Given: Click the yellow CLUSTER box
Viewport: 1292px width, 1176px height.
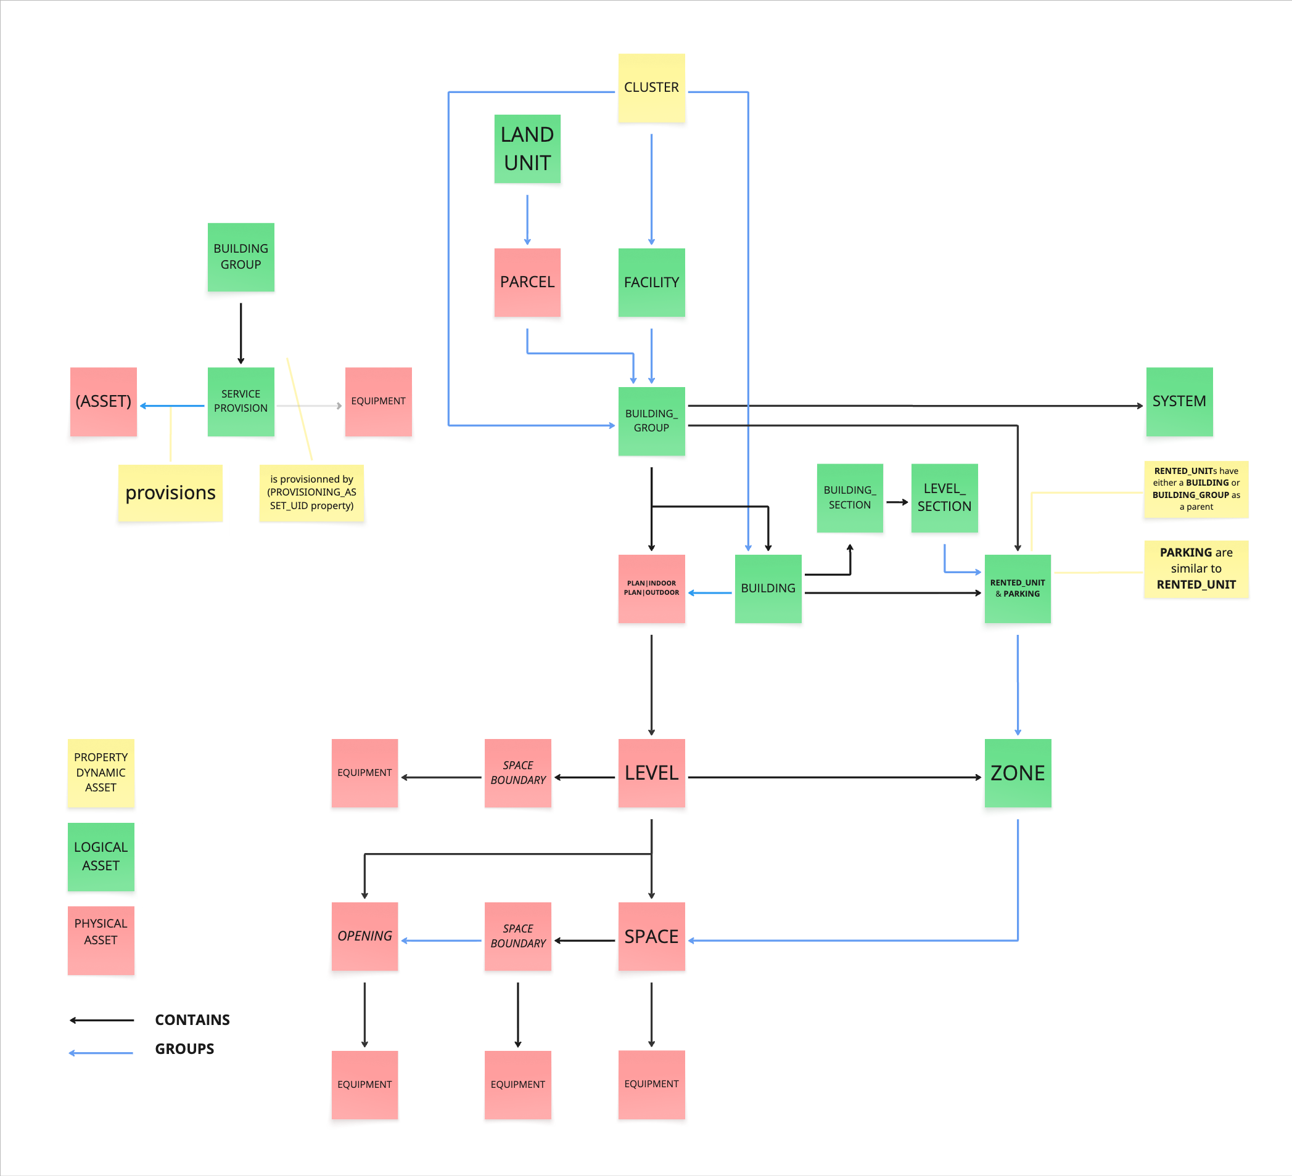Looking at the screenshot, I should pos(651,88).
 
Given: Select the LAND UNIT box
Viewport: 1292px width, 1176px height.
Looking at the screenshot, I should pos(527,149).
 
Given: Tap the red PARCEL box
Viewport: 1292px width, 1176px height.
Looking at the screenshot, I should pos(527,282).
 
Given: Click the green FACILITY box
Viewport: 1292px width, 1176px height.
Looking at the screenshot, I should pos(651,282).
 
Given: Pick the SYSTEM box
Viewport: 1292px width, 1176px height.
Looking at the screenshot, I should pos(1179,402).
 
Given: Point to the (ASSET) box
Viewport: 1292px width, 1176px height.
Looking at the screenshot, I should pos(103,402).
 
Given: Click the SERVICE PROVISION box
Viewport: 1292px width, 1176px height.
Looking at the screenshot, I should pos(241,402).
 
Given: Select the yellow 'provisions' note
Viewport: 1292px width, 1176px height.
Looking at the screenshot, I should pos(170,492).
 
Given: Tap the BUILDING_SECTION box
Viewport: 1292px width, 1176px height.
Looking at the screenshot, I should pos(849,497).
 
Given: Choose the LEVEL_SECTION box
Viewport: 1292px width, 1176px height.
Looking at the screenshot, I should pos(944,497).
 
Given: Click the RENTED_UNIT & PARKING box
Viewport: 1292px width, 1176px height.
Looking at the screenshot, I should pos(1017,588).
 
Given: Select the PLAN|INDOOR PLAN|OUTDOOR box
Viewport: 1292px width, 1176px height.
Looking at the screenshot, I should pos(651,588).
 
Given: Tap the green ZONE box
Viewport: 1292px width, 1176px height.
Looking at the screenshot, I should pos(1017,773).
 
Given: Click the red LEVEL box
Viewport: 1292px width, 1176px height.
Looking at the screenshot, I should pos(651,773).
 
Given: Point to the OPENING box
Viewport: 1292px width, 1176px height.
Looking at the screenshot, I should pos(364,936).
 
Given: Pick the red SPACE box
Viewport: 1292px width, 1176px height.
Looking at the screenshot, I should pos(651,936).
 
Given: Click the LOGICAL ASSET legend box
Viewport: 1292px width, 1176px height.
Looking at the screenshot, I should pos(101,856).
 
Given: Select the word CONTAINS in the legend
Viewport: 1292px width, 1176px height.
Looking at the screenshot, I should pos(192,1019).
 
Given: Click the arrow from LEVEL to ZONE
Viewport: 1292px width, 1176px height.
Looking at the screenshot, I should pos(833,778).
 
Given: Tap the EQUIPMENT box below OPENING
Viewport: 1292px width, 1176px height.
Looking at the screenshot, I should pos(364,1084).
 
